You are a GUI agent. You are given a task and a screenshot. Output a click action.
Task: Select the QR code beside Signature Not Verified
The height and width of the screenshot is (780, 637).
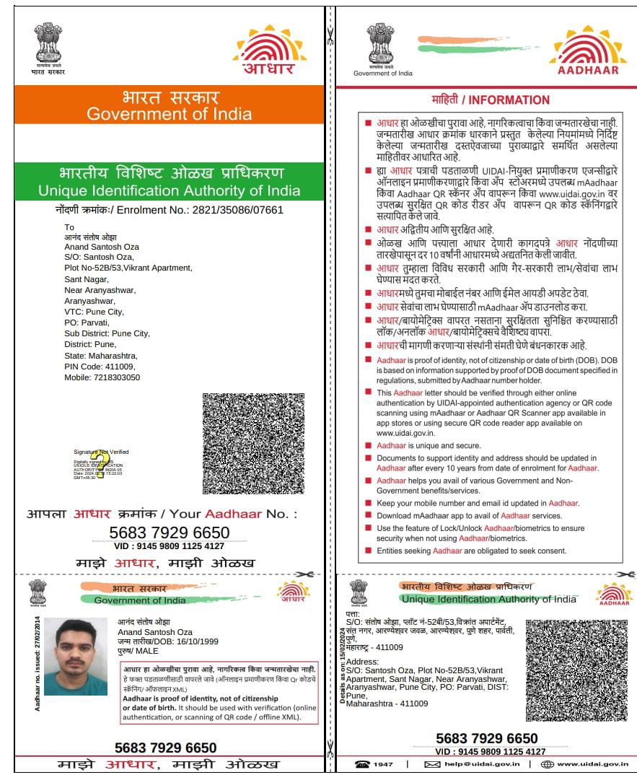pyautogui.click(x=253, y=443)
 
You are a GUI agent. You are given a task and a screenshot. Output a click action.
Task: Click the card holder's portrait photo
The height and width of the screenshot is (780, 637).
pyautogui.click(x=70, y=656)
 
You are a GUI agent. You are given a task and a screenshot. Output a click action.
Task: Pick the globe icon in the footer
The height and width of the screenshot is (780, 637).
pyautogui.click(x=547, y=764)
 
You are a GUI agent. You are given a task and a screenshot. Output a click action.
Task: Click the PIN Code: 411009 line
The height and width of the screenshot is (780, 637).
pyautogui.click(x=89, y=367)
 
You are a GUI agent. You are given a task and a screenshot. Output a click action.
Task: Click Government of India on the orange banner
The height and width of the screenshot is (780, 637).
pyautogui.click(x=169, y=114)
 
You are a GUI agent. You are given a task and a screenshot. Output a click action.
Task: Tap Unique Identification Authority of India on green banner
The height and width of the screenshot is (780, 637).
pyautogui.click(x=169, y=191)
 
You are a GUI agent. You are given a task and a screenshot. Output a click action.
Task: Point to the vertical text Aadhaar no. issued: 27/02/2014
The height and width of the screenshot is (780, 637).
pyautogui.click(x=37, y=662)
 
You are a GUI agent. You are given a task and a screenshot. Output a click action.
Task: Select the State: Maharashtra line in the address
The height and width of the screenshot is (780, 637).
pyautogui.click(x=100, y=356)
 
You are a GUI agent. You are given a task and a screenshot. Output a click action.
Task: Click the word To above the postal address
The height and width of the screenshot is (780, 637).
pyautogui.click(x=69, y=227)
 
